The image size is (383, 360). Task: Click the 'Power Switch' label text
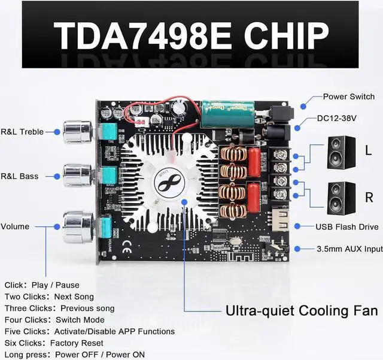click(348, 96)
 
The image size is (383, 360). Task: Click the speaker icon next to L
click(342, 153)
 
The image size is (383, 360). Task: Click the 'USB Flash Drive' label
click(347, 226)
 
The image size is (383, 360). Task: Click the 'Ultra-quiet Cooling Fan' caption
click(302, 310)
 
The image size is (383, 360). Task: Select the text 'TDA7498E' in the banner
click(144, 35)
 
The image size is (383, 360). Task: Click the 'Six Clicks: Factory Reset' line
click(54, 343)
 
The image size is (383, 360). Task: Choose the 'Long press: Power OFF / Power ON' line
click(74, 354)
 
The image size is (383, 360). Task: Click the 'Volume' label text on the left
click(15, 226)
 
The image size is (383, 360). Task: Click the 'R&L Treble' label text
click(22, 132)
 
